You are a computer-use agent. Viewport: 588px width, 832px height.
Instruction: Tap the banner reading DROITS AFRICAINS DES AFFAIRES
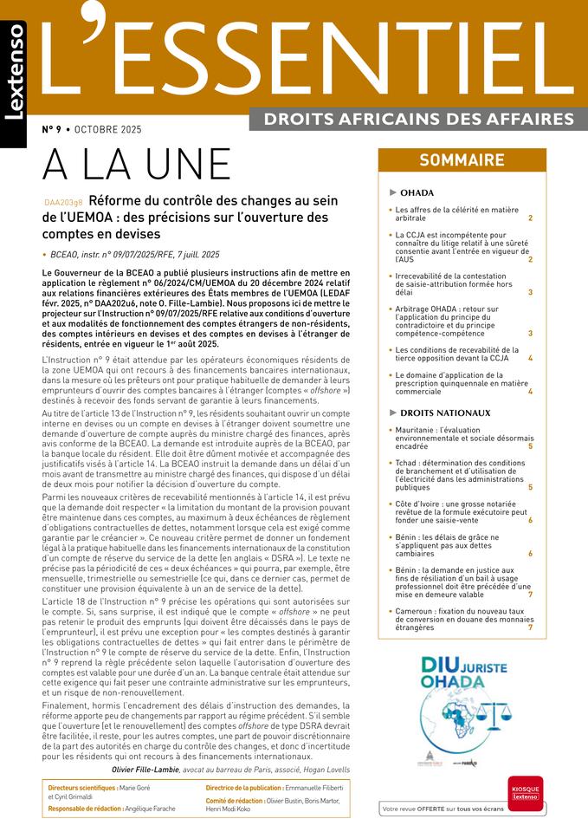(417, 118)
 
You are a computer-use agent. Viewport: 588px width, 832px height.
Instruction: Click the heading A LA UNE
(136, 166)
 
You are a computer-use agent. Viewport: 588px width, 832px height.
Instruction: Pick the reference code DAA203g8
(63, 202)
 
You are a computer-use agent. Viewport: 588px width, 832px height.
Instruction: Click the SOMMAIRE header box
(462, 160)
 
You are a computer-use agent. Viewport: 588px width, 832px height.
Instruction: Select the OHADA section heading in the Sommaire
(417, 192)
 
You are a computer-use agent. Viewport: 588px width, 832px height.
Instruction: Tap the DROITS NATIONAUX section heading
(445, 413)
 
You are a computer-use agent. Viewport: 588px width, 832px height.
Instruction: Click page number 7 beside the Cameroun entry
(530, 627)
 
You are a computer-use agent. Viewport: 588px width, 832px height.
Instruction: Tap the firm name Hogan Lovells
(326, 769)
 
